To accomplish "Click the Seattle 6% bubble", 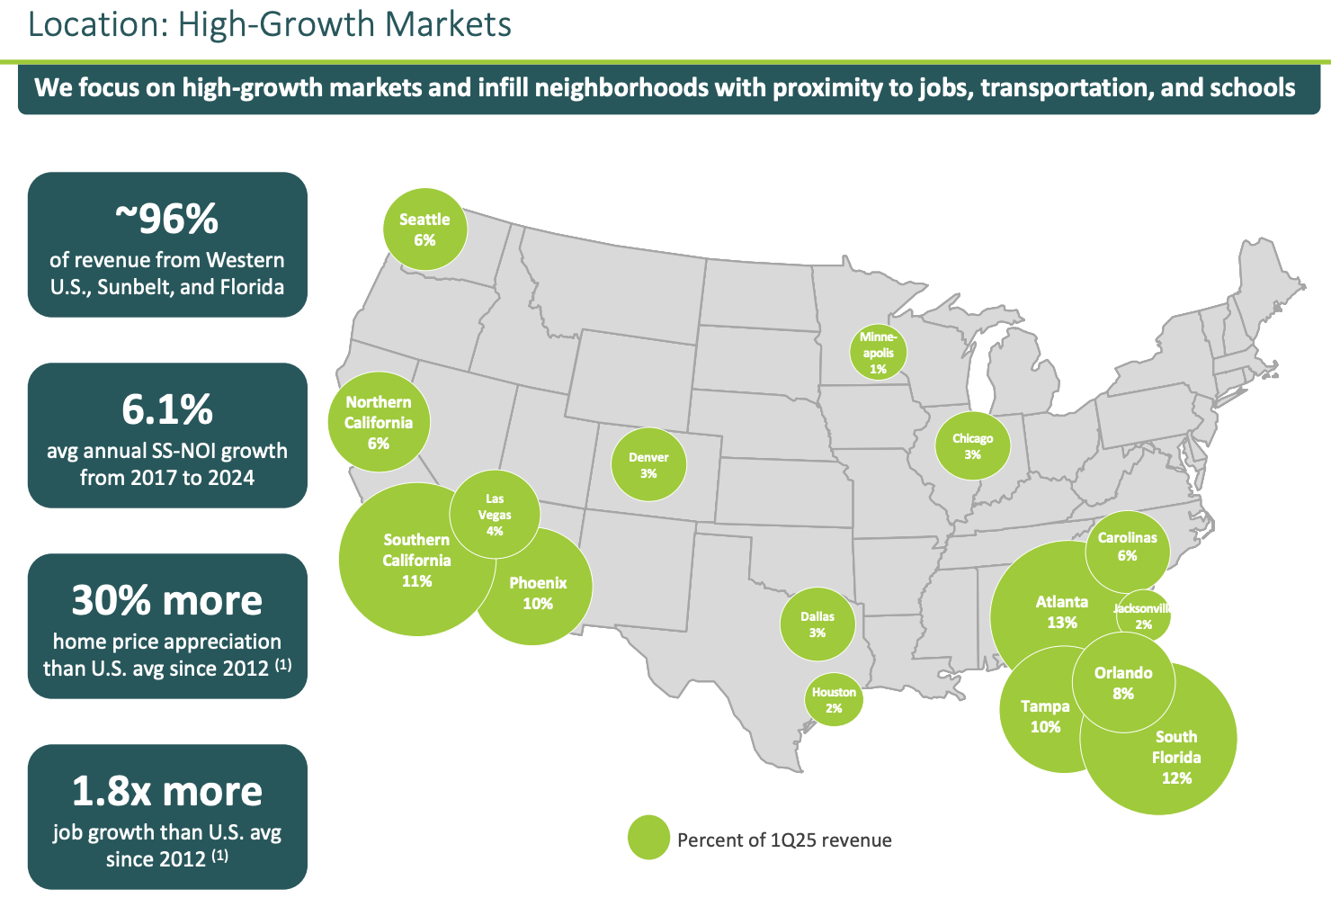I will point(425,229).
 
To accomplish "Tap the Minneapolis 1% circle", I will point(878,353).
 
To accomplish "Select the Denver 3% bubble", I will point(648,465).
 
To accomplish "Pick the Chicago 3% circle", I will point(972,446).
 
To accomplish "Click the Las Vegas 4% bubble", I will point(495,515).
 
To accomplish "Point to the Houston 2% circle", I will point(834,700).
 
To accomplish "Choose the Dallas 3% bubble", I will point(817,624).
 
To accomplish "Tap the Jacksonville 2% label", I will point(1142,616).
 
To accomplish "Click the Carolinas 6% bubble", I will point(1127,546).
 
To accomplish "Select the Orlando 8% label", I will point(1123,683).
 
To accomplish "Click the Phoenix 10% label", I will point(538,593).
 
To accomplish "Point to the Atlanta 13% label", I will point(1061,612).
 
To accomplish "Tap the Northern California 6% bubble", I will point(379,422).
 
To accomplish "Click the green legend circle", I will point(648,838).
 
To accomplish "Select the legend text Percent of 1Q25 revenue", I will point(784,840).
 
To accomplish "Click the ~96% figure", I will point(167,219).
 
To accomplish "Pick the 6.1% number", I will point(167,410).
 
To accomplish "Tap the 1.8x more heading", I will point(167,792).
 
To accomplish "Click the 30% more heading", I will point(167,601).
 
